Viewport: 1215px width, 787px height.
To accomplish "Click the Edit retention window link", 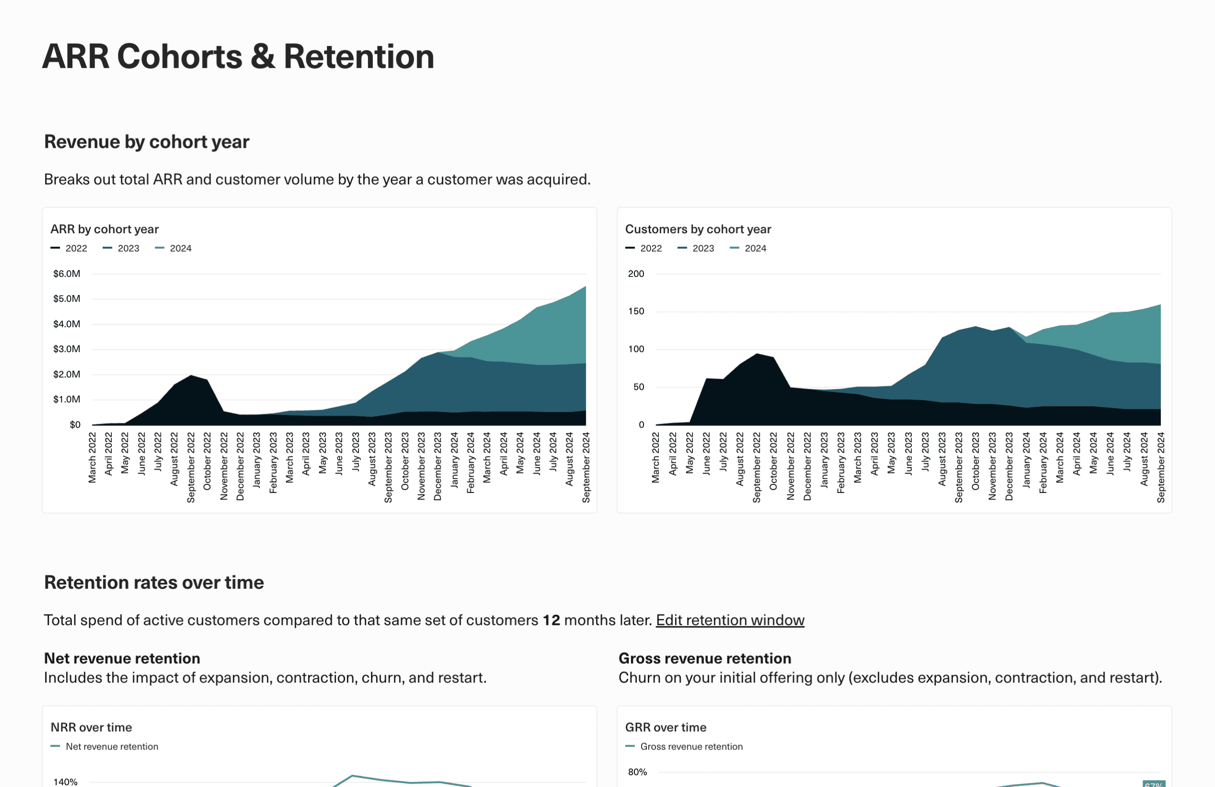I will click(x=729, y=620).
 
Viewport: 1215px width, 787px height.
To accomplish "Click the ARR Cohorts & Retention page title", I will click(x=238, y=56).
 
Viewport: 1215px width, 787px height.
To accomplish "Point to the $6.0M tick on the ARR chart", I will click(x=66, y=274).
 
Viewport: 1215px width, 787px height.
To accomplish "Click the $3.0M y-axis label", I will click(x=66, y=349).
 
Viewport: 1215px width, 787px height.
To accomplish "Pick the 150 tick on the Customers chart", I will click(x=636, y=311).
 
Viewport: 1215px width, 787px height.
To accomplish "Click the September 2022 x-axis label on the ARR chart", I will click(x=191, y=467).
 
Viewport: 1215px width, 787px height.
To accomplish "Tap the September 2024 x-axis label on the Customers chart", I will click(x=1160, y=467).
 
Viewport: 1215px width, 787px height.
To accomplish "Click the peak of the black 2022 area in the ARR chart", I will click(x=191, y=376).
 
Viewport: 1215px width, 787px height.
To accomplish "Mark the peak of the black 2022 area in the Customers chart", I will click(x=757, y=354).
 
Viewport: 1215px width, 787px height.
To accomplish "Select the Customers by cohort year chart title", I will click(x=698, y=229).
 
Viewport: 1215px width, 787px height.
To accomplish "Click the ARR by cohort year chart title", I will click(x=104, y=229).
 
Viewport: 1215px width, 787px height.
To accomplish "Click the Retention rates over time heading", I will click(x=154, y=583).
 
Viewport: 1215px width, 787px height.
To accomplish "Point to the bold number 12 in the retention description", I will click(x=551, y=620).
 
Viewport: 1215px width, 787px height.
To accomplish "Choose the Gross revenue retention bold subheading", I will click(x=704, y=658).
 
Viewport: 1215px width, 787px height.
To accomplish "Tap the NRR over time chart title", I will click(x=91, y=727).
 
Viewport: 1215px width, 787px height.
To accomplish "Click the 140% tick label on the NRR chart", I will click(x=65, y=781).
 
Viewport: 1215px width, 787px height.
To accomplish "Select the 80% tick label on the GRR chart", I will click(x=637, y=772).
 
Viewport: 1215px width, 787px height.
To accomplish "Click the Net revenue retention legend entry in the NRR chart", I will click(x=111, y=747).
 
